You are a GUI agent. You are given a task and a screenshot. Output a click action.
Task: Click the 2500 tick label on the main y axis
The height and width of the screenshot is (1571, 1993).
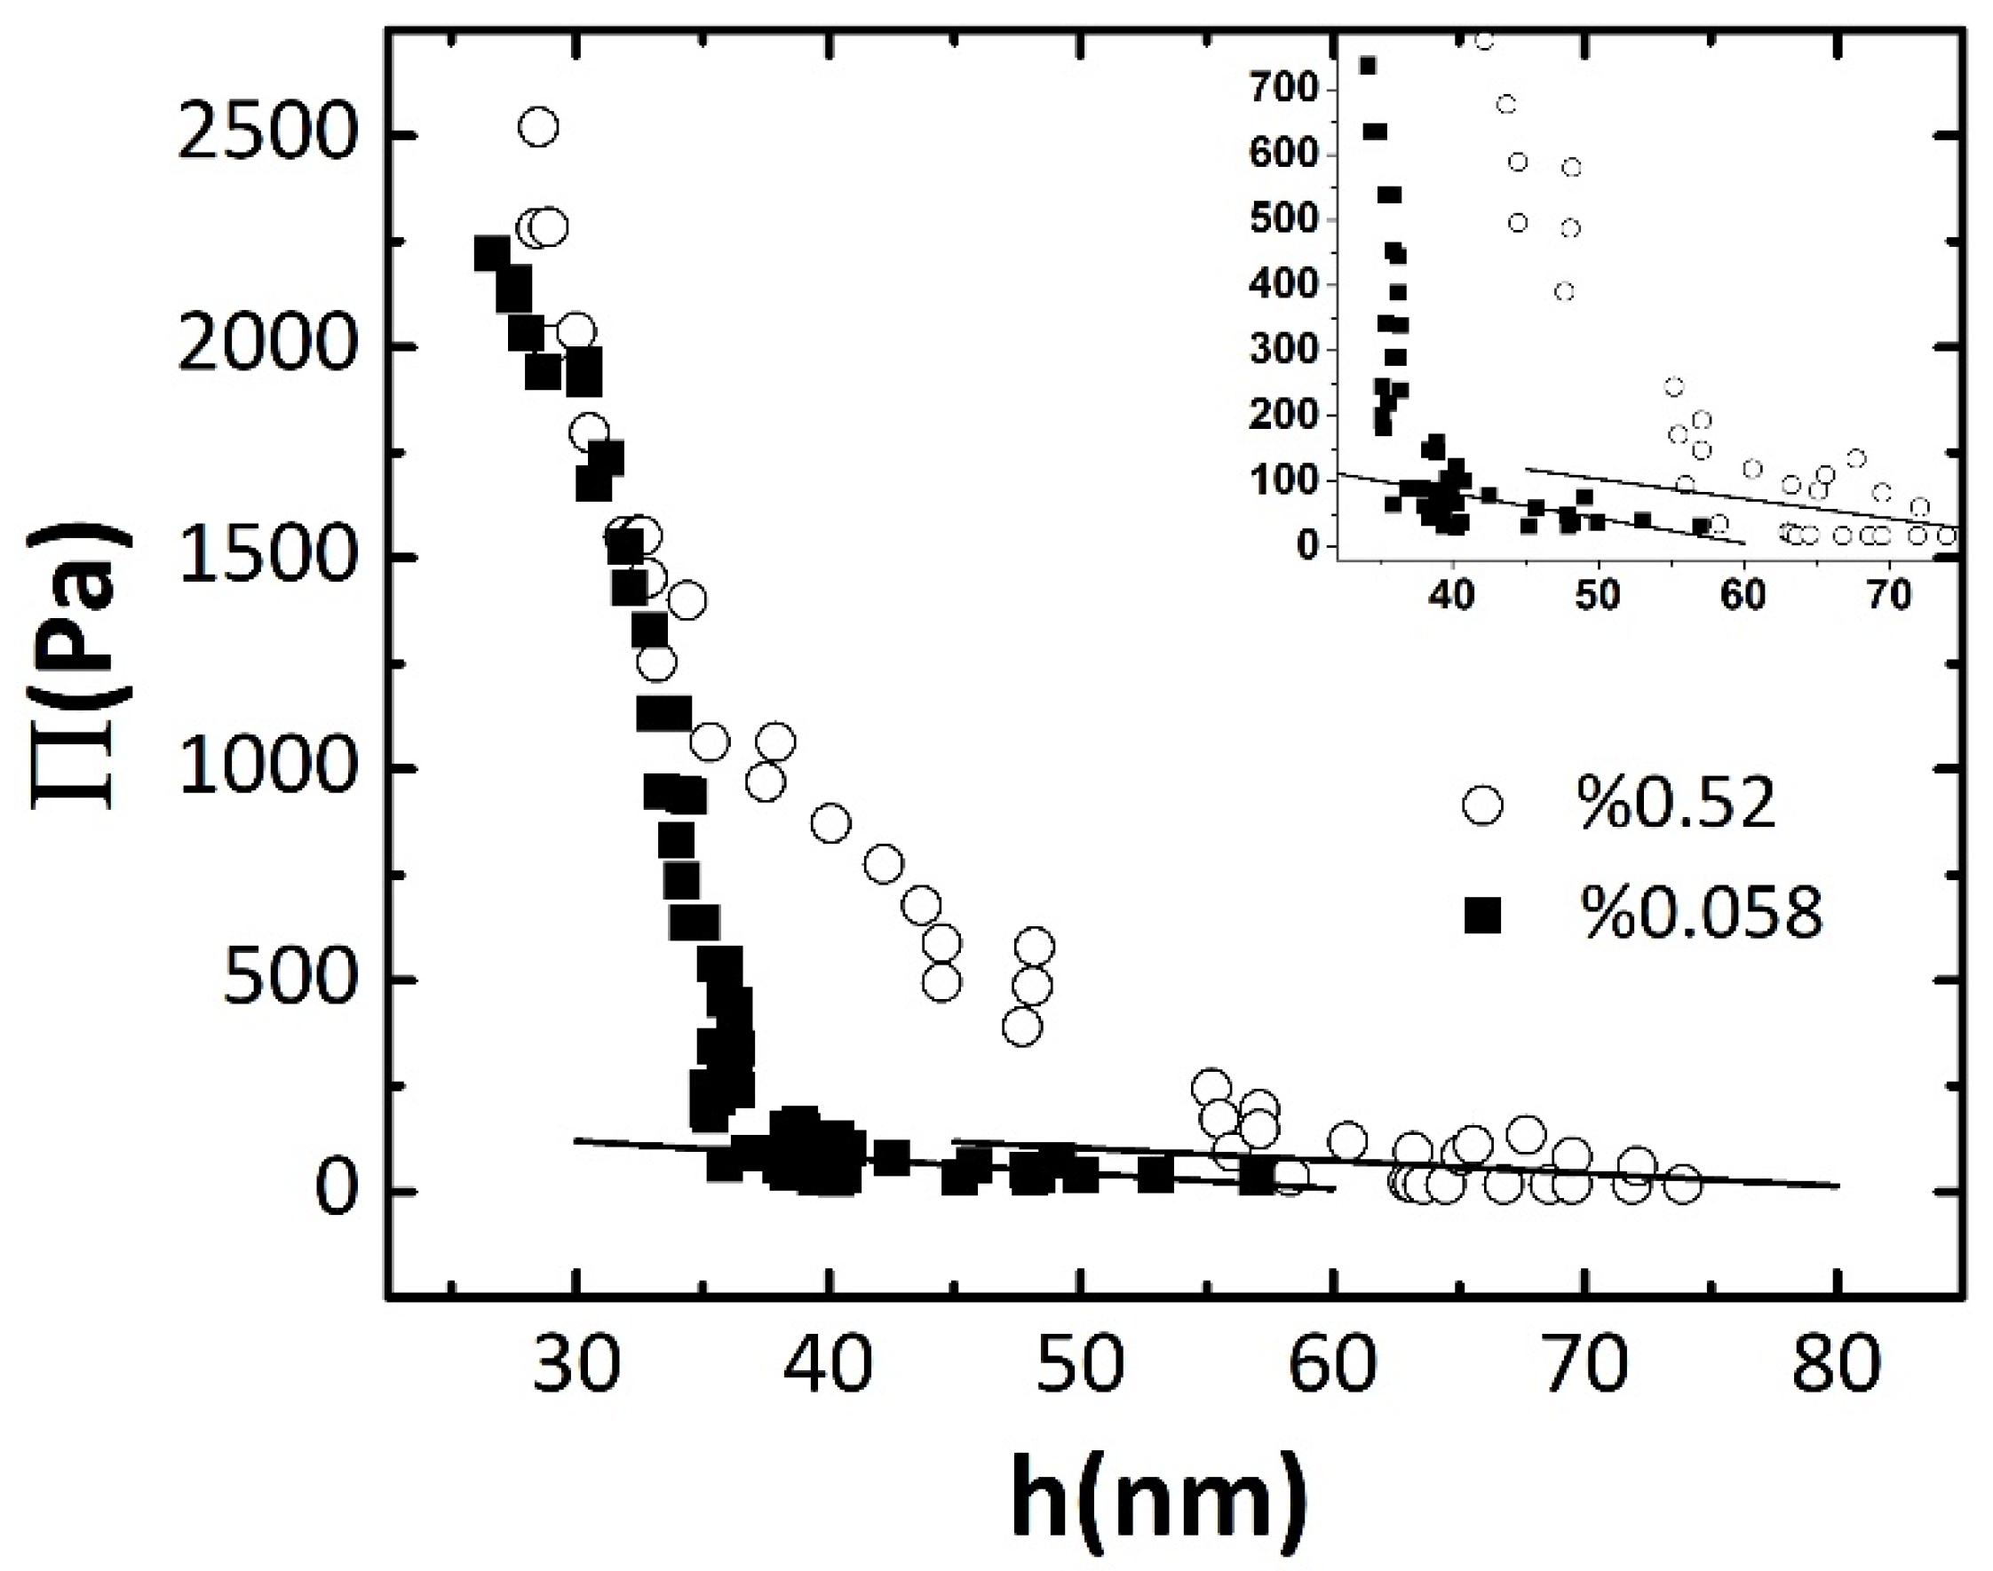(265, 136)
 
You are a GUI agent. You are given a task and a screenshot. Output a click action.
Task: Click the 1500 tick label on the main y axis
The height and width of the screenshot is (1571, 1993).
(265, 557)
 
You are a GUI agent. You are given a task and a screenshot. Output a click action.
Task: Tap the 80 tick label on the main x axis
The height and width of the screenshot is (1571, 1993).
(1837, 1363)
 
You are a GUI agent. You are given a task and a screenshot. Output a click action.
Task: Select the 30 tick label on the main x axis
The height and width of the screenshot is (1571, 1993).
(576, 1363)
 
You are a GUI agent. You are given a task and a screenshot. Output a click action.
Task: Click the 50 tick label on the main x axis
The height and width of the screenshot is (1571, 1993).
(1081, 1363)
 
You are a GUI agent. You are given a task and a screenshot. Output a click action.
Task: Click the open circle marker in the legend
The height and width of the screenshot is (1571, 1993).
(1481, 805)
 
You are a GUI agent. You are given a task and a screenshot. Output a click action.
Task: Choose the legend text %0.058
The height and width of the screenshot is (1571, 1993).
(1701, 916)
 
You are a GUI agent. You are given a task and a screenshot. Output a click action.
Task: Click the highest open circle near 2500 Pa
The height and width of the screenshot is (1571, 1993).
(538, 127)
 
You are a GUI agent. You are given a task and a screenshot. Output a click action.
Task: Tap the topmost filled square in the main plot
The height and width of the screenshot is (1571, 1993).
(492, 253)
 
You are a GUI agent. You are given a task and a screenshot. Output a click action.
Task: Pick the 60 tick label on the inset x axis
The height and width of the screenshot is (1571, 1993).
(1742, 596)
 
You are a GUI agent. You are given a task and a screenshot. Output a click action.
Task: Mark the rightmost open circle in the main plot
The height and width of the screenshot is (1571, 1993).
(1683, 1186)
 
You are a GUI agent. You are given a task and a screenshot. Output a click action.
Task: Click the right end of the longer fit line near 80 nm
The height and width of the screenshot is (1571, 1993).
(1837, 1186)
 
